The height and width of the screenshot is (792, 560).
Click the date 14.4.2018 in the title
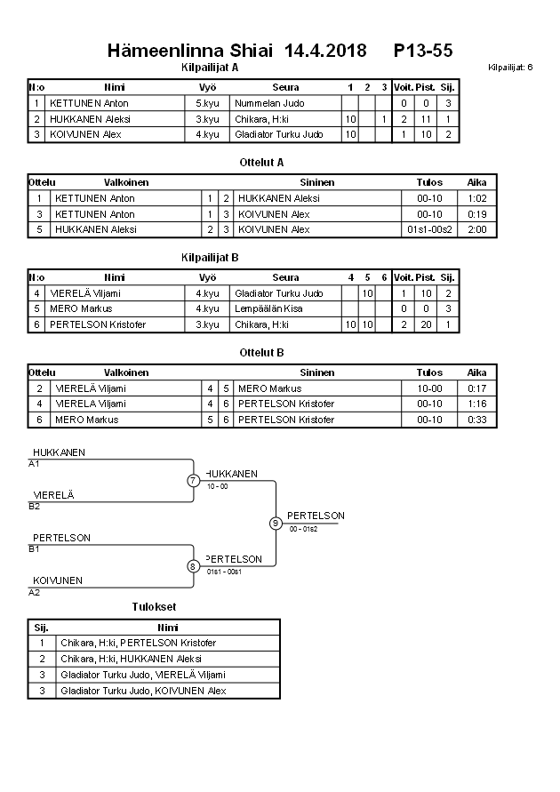tap(325, 52)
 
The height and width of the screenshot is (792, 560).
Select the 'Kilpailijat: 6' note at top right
tap(510, 68)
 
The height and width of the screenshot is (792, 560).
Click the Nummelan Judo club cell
tap(269, 103)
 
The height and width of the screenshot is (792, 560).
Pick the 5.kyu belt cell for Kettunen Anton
tap(207, 103)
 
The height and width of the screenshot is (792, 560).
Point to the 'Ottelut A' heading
tap(261, 163)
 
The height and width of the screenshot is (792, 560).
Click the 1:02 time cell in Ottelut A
tap(476, 198)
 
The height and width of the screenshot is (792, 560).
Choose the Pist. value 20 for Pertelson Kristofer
tap(425, 324)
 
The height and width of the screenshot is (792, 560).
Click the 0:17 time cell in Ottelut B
tap(476, 388)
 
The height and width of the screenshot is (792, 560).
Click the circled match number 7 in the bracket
tap(193, 481)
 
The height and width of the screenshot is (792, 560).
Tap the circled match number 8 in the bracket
tap(193, 566)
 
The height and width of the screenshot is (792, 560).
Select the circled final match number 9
tap(276, 523)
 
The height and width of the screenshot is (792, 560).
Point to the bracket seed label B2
tap(35, 506)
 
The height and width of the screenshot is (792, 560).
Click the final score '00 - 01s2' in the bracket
tap(303, 529)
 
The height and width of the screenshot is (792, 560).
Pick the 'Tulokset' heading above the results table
tap(154, 607)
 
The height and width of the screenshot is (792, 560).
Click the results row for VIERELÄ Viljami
tap(142, 675)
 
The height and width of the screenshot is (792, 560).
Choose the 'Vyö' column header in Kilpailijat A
tap(207, 87)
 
